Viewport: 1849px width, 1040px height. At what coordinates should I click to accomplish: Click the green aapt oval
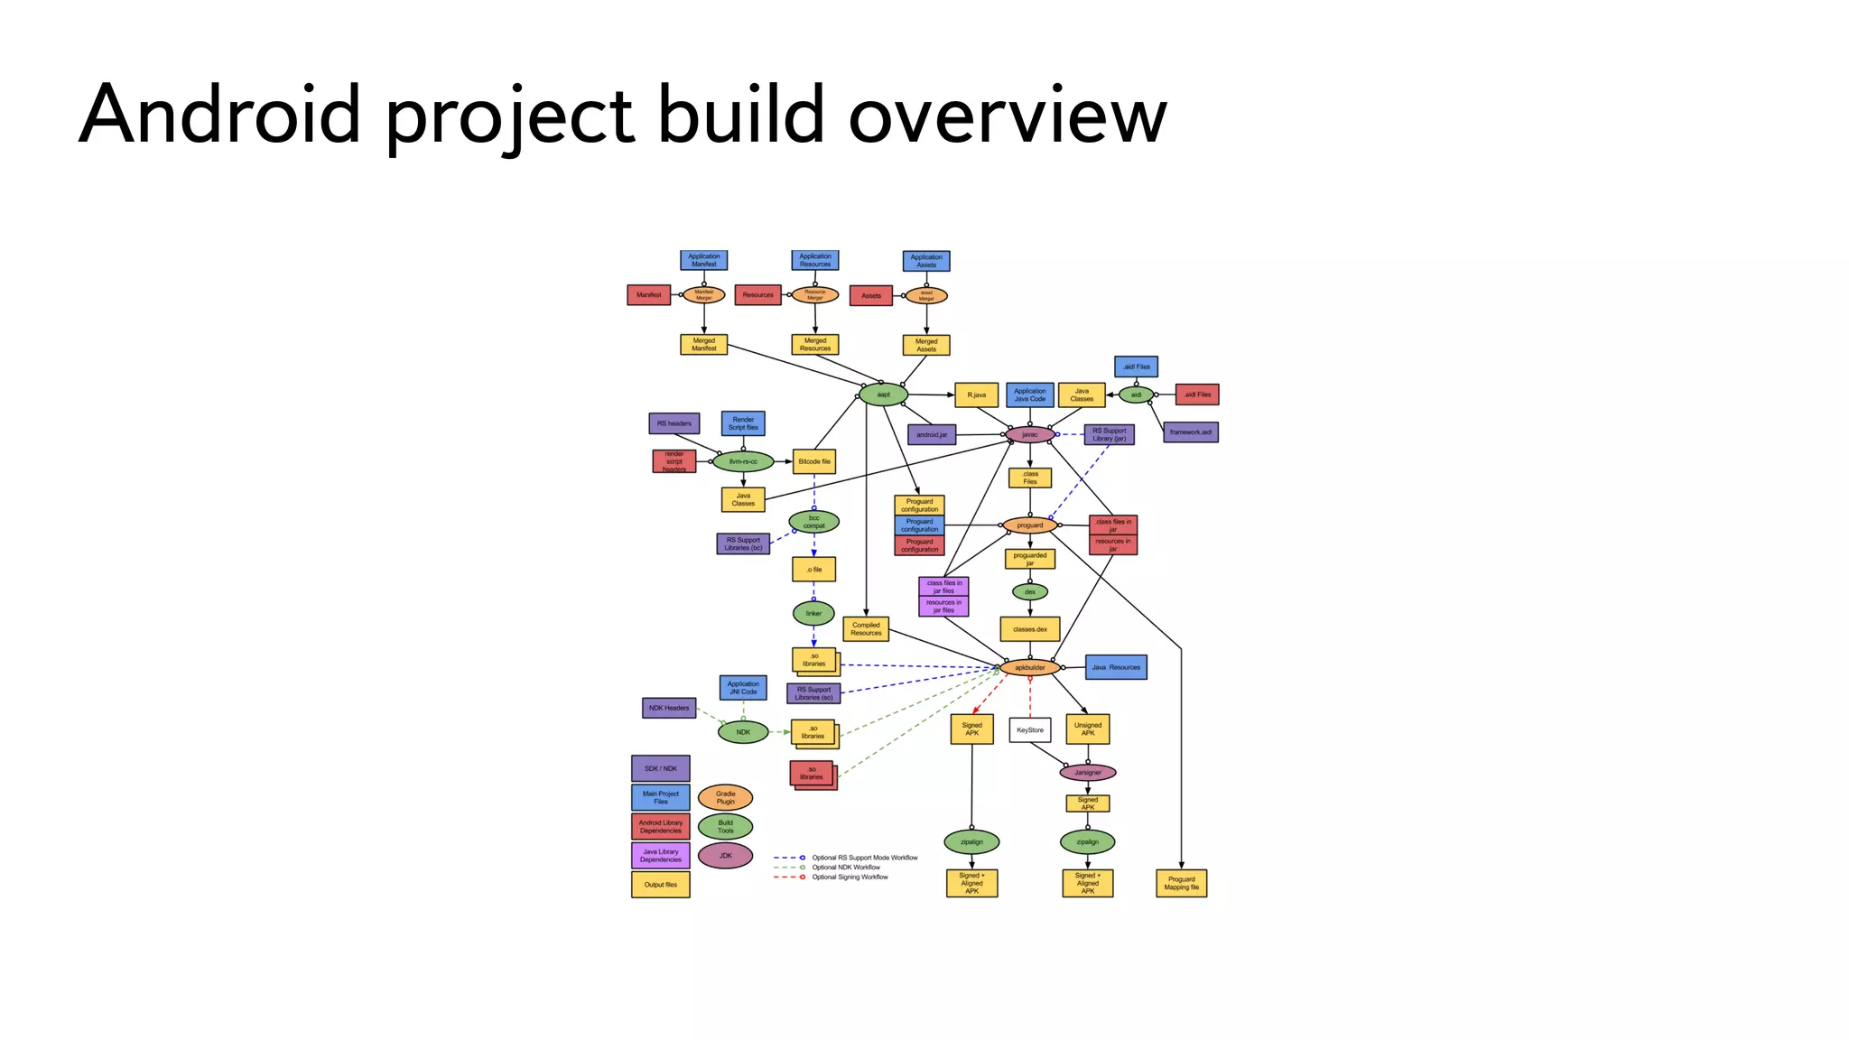point(883,395)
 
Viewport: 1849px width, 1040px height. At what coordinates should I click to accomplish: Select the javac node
point(1029,434)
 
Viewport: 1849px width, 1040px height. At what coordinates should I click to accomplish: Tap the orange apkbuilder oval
point(1029,668)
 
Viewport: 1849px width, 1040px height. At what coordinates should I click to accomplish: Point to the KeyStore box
point(1029,729)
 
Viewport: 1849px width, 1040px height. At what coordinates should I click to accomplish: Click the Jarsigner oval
point(1087,773)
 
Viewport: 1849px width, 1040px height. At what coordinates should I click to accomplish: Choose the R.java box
point(976,395)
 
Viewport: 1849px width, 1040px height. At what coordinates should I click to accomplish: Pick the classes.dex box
point(1029,629)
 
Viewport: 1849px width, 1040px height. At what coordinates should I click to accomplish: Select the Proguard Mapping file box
point(1181,883)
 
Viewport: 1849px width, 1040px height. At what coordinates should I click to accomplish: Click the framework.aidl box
point(1190,432)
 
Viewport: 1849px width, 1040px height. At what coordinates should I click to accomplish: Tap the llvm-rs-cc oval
point(743,461)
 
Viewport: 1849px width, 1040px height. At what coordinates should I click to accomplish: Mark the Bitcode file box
point(813,461)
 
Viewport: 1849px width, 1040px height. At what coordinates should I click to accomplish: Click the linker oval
point(813,614)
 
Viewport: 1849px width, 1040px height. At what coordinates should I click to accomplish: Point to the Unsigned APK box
point(1087,729)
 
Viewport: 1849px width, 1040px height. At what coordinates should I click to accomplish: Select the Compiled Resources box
point(866,629)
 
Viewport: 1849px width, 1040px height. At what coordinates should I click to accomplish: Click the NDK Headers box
point(669,708)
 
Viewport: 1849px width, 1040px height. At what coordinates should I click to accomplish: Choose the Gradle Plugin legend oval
point(725,797)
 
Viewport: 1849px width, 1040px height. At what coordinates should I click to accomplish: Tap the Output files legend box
point(660,885)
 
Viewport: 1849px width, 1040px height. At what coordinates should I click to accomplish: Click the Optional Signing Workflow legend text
point(850,877)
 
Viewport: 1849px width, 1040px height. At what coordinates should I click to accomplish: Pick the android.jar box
point(932,435)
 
